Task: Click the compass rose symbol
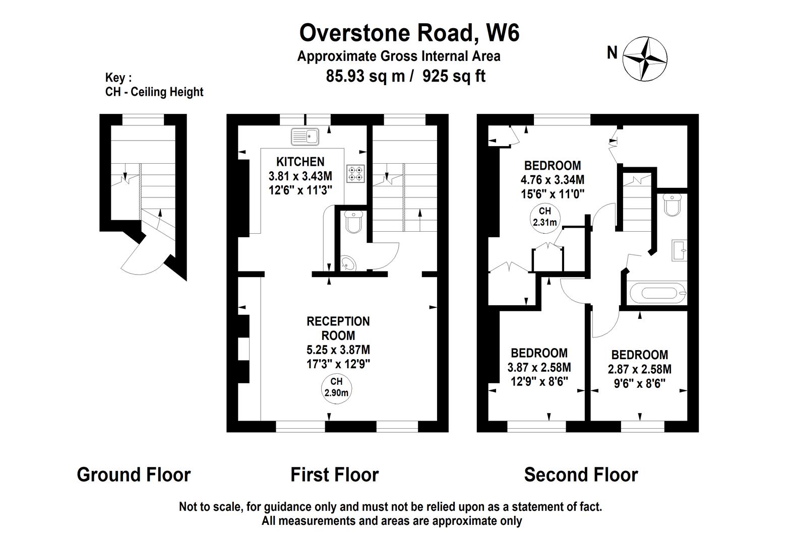[x=645, y=59]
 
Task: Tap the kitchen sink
[x=305, y=137]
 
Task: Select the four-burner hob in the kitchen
[x=355, y=174]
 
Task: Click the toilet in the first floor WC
[x=353, y=222]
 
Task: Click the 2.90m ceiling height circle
[x=336, y=389]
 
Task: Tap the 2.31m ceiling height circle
[x=545, y=218]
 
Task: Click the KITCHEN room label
[x=300, y=162]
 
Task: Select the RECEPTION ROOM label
[x=338, y=328]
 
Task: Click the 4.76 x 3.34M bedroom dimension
[x=552, y=180]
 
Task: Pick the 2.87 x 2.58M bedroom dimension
[x=639, y=369]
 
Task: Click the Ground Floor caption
[x=134, y=474]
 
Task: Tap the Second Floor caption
[x=581, y=474]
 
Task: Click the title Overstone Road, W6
[x=409, y=33]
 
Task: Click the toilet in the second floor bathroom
[x=671, y=205]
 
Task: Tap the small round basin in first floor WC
[x=348, y=263]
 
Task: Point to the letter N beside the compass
[x=612, y=53]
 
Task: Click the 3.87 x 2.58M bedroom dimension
[x=539, y=368]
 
